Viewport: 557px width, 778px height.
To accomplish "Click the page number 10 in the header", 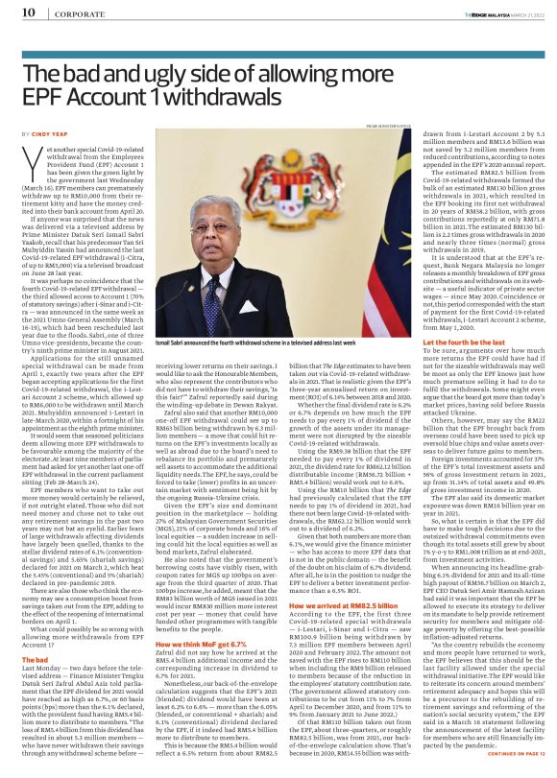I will click(28, 12).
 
